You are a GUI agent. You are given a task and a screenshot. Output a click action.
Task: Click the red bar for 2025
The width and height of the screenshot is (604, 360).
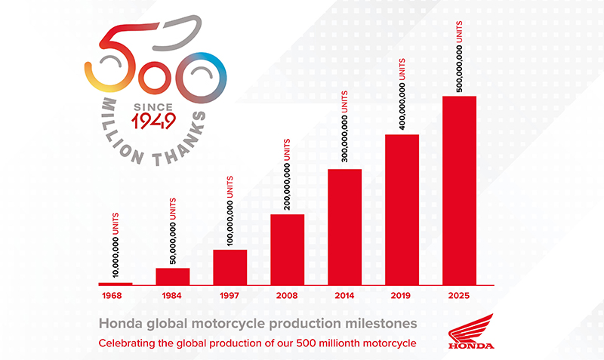pyautogui.click(x=459, y=191)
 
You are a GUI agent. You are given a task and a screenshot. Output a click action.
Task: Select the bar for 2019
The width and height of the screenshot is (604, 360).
pyautogui.click(x=402, y=210)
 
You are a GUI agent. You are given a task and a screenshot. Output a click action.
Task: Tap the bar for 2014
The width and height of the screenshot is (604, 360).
pyautogui.click(x=345, y=227)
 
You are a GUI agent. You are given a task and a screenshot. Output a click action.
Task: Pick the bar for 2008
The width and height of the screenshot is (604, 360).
pyautogui.click(x=288, y=250)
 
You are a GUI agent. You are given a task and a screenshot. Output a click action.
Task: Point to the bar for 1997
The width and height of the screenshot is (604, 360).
pyautogui.click(x=230, y=268)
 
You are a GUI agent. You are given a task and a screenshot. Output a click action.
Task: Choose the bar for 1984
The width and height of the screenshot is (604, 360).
pyautogui.click(x=173, y=276)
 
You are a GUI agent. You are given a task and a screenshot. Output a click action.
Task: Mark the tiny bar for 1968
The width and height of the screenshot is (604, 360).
pyautogui.click(x=116, y=284)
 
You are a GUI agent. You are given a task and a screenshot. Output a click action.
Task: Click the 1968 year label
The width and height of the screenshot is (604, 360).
pyautogui.click(x=112, y=296)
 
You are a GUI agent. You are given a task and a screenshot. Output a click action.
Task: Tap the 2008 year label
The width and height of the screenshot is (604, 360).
pyautogui.click(x=287, y=296)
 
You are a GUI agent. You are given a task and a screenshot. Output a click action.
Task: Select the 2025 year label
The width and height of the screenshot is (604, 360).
pyautogui.click(x=459, y=296)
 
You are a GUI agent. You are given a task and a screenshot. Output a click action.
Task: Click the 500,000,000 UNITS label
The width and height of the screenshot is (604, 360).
pyautogui.click(x=459, y=57)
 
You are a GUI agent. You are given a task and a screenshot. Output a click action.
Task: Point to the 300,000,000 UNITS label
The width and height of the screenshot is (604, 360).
pyautogui.click(x=344, y=127)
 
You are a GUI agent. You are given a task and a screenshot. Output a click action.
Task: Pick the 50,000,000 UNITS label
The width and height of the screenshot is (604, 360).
pyautogui.click(x=173, y=231)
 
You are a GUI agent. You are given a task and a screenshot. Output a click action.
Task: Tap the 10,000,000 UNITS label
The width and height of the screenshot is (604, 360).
pyautogui.click(x=116, y=245)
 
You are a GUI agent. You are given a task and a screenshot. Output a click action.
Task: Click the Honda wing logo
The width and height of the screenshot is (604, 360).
pyautogui.click(x=471, y=331)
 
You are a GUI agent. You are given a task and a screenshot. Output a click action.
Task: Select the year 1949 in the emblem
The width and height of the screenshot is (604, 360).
pyautogui.click(x=153, y=121)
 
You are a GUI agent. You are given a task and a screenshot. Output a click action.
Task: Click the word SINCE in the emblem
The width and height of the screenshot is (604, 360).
pyautogui.click(x=153, y=107)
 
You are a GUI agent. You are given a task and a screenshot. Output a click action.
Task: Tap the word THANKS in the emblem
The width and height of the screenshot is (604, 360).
pyautogui.click(x=180, y=140)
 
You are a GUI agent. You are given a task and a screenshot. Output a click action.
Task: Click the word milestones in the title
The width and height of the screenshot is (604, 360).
pyautogui.click(x=381, y=324)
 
